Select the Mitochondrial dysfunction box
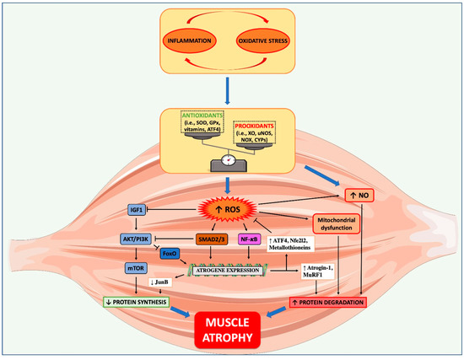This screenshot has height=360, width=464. (342, 223)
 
